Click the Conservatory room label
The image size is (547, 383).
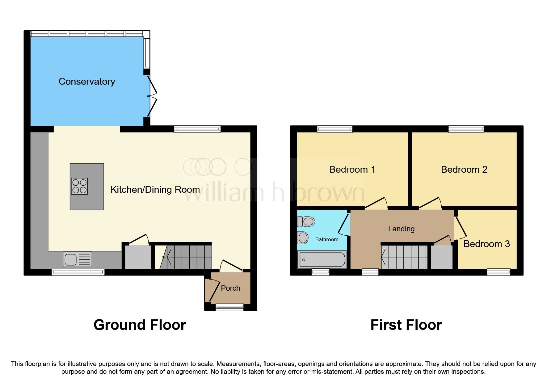point(87,82)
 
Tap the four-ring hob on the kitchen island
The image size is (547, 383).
point(79,186)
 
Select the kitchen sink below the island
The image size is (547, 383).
point(78,259)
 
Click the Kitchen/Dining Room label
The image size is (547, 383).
point(155,190)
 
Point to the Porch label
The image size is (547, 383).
point(230,288)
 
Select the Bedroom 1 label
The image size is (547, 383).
point(352,170)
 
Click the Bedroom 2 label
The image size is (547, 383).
point(464,170)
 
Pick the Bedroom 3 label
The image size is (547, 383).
point(486,244)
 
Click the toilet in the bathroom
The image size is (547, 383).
point(306,221)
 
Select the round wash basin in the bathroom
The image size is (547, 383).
point(303,238)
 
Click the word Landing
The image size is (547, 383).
point(401,229)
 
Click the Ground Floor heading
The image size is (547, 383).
point(140,325)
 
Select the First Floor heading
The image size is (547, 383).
point(406,325)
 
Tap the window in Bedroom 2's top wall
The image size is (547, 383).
point(466,129)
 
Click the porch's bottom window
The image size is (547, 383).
point(229,307)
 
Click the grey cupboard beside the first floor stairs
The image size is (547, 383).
point(442,257)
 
